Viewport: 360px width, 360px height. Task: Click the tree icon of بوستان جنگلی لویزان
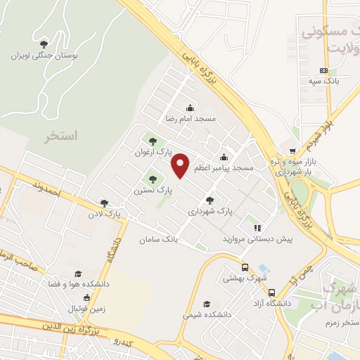point(45,44)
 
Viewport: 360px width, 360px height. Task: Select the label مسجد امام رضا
point(189,119)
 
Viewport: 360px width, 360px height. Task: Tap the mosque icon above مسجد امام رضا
point(189,108)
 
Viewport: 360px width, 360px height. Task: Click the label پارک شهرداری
point(210,210)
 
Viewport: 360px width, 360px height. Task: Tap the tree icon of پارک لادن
point(104,202)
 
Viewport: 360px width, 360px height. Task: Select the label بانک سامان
point(178,239)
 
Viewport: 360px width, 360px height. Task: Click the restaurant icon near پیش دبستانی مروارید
point(257,228)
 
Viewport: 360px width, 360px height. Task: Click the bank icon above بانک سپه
point(323,70)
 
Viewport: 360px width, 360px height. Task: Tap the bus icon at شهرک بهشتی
point(245,267)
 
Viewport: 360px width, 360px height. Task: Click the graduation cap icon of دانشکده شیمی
point(206,304)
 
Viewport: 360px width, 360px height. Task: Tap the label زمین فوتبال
point(84,309)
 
